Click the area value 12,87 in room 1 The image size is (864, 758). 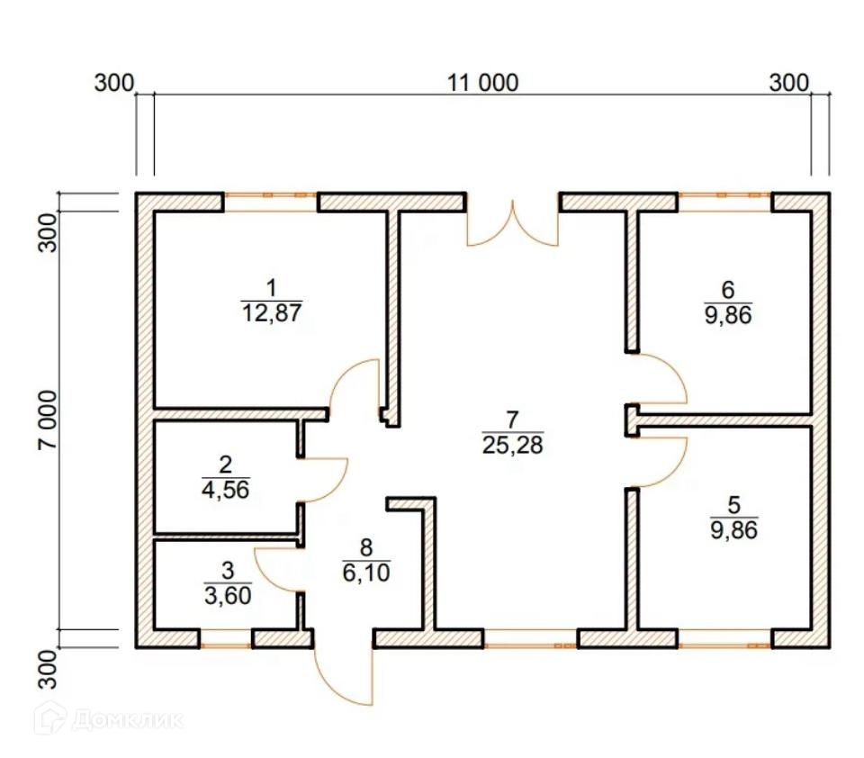point(271,314)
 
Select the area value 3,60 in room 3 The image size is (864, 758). point(227,594)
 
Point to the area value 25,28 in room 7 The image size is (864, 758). point(513,444)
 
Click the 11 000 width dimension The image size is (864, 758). point(483,84)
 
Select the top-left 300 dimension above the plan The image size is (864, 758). point(113,84)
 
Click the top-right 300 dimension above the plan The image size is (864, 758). point(788,84)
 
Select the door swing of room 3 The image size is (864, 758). point(277,569)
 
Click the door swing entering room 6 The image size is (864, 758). point(661,379)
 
